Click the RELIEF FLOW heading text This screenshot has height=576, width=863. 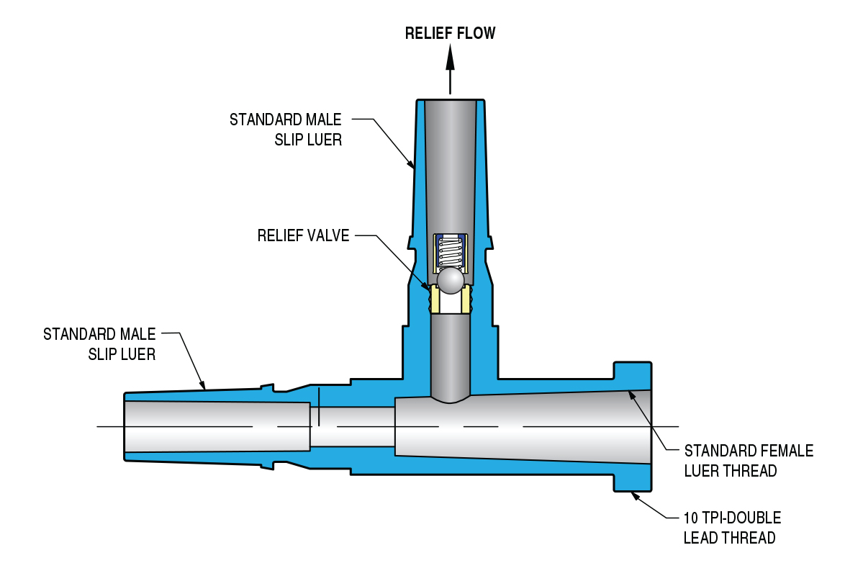click(x=450, y=33)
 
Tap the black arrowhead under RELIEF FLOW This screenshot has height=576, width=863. click(x=450, y=57)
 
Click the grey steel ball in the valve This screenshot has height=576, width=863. click(x=450, y=281)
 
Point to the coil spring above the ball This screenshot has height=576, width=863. click(x=450, y=252)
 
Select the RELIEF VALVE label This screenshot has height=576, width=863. click(x=303, y=235)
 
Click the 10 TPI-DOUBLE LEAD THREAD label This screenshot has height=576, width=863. click(x=732, y=528)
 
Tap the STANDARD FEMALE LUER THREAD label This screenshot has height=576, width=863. click(x=749, y=461)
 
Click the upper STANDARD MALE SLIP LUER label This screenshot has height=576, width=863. click(x=286, y=130)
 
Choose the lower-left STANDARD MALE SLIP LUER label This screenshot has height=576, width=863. click(x=99, y=343)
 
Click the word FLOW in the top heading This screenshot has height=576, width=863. click(x=476, y=33)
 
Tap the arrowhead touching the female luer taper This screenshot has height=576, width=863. click(x=633, y=397)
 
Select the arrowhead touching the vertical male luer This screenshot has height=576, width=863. click(x=410, y=163)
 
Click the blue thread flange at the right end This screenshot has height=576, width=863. click(x=633, y=426)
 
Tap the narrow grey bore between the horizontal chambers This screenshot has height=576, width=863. click(x=352, y=427)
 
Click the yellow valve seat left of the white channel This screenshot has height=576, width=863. click(x=435, y=300)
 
